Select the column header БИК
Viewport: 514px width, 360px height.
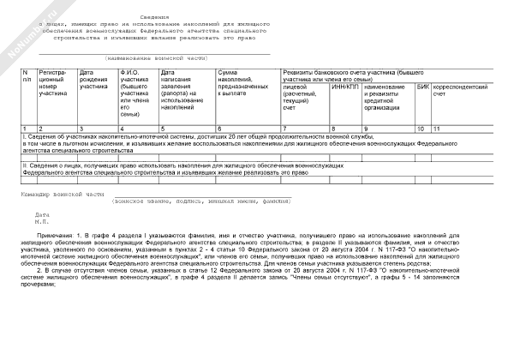(422, 87)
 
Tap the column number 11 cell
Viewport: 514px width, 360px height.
(437, 128)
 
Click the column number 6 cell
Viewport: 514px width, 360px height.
(220, 128)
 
